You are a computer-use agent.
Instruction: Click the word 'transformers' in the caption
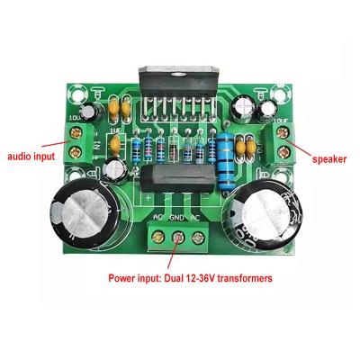pyautogui.click(x=238, y=279)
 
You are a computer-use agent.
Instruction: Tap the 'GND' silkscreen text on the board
pyautogui.click(x=177, y=218)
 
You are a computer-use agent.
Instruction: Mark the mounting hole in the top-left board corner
pyautogui.click(x=76, y=93)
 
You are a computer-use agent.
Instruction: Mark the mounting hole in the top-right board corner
pyautogui.click(x=283, y=93)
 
